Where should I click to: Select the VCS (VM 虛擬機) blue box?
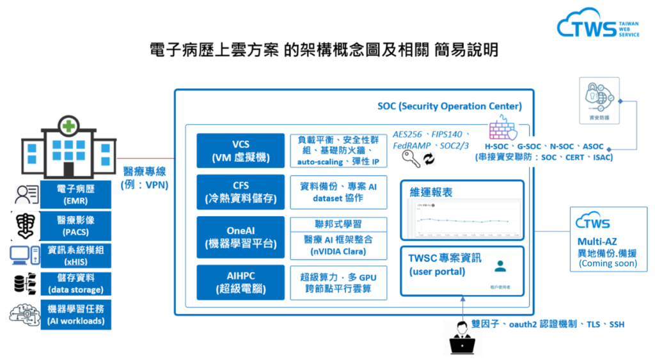(x=241, y=150)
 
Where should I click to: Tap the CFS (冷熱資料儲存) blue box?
(x=241, y=191)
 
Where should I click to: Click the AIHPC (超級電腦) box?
(x=241, y=281)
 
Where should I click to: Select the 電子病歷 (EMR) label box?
(x=75, y=194)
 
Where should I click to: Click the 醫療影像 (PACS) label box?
(x=75, y=225)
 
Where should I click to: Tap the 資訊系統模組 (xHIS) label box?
(x=75, y=255)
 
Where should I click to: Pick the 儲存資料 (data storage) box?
(x=75, y=284)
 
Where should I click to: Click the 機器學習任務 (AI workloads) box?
(x=75, y=315)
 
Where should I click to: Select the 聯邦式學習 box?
(x=338, y=224)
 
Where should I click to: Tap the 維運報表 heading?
(x=436, y=192)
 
